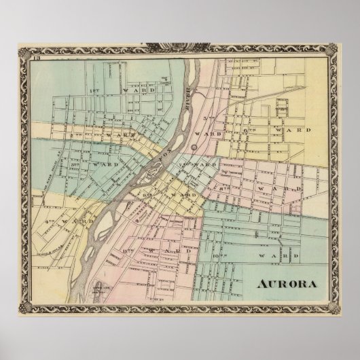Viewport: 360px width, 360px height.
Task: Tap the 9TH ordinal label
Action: (x=145, y=195)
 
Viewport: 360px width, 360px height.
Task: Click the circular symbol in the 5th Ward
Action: (x=195, y=147)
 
